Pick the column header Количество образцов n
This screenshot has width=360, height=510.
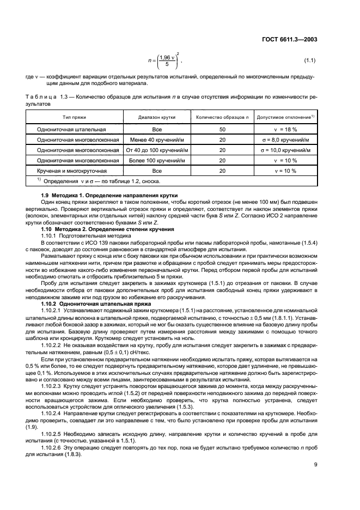pyautogui.click(x=222, y=117)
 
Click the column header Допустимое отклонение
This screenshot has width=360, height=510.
pyautogui.click(x=285, y=117)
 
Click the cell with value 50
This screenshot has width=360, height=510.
pyautogui.click(x=222, y=130)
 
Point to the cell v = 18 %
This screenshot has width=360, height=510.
pyautogui.click(x=285, y=130)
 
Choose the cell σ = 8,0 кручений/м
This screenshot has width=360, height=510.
pyautogui.click(x=285, y=140)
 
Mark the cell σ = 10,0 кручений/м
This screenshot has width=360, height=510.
pyautogui.click(x=285, y=150)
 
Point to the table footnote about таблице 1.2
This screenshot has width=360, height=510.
pyautogui.click(x=98, y=181)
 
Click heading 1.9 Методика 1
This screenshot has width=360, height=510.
pyautogui.click(x=109, y=196)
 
